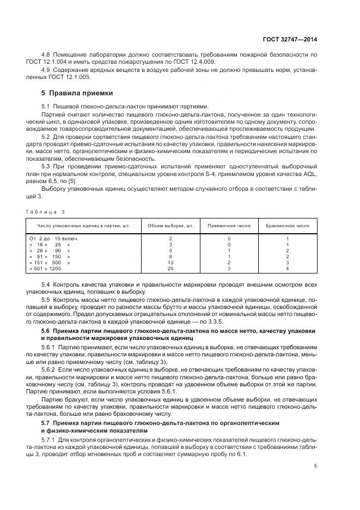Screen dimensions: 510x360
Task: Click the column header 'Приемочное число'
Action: [229, 225]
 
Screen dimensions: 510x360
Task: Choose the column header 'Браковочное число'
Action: [287, 225]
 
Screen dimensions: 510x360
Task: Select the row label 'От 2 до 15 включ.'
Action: [53, 239]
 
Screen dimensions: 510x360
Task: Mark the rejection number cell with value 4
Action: [287, 269]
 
